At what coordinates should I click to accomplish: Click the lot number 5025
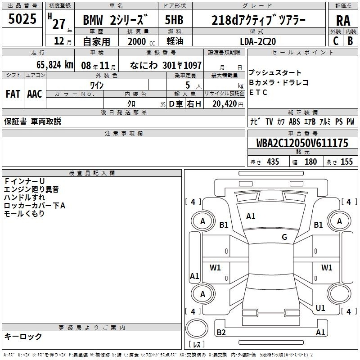[22, 19]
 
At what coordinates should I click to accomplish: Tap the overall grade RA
[343, 21]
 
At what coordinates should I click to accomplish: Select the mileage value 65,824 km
[54, 65]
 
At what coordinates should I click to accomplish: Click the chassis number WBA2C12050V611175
[302, 143]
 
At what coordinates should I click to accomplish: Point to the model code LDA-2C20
[258, 41]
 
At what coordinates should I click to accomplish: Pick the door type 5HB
[174, 20]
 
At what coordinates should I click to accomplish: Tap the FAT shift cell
[13, 94]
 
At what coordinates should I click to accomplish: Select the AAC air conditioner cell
[35, 94]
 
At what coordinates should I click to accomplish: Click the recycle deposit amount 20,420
[225, 104]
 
